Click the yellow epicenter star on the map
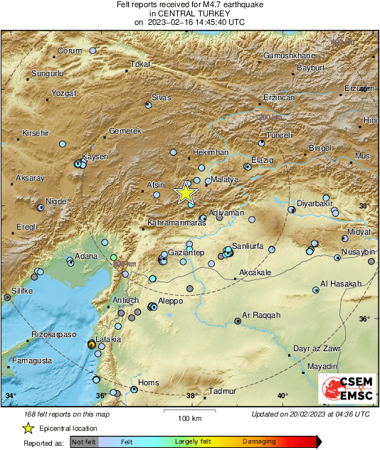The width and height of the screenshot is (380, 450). point(185,193)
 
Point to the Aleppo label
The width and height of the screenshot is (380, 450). point(170,301)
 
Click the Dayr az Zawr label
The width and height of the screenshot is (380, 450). point(317,349)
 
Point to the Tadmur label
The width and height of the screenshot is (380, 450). point(223,391)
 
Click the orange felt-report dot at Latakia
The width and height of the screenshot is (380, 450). point(91,344)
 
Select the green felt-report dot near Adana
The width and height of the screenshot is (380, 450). point(113,257)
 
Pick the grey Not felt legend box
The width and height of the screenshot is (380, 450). point(84,441)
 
